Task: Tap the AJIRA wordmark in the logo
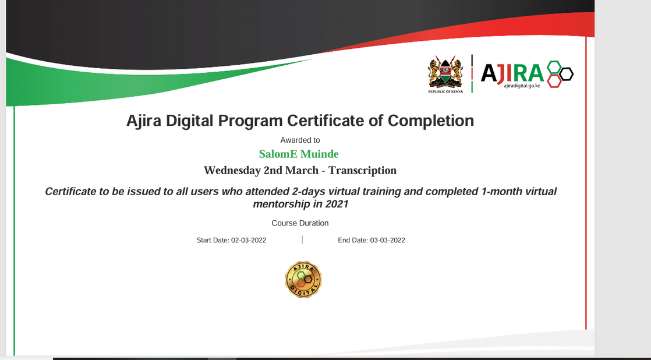[x=512, y=73]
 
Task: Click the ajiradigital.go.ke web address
[x=522, y=86]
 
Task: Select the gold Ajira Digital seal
[x=303, y=279]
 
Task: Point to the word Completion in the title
[x=430, y=121]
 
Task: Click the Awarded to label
[x=300, y=140]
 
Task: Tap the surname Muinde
[x=320, y=154]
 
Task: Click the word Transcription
[x=362, y=171]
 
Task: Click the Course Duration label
[x=300, y=223]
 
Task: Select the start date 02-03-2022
[x=249, y=240]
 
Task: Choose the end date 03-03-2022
[x=387, y=240]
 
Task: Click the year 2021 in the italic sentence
[x=337, y=204]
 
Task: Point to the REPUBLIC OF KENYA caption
[x=445, y=91]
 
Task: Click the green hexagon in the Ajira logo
[x=554, y=66]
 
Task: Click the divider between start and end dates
[x=302, y=239]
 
